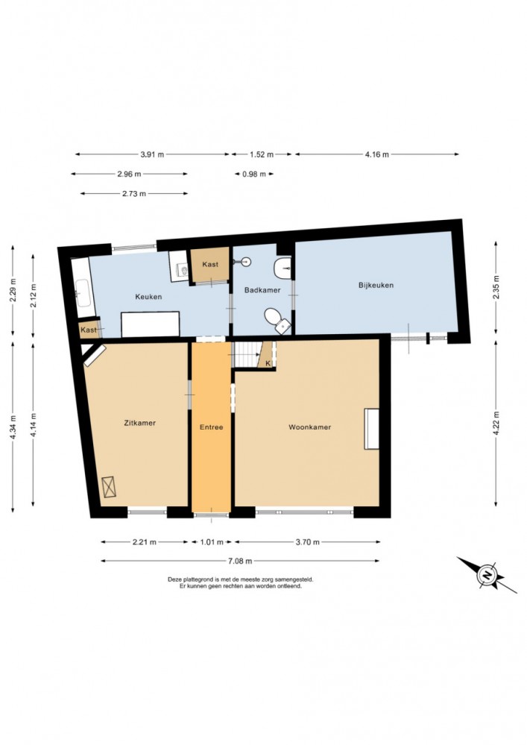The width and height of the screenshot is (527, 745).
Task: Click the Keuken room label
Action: tap(148, 297)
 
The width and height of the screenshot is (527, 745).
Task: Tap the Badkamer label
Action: tap(262, 290)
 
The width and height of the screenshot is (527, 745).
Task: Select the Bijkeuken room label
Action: tap(376, 285)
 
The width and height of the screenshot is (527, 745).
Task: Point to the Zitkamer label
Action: tap(139, 422)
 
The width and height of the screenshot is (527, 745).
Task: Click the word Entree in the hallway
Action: tap(211, 427)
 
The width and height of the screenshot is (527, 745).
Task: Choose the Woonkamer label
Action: tap(309, 427)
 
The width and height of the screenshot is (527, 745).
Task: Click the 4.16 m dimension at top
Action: tap(377, 154)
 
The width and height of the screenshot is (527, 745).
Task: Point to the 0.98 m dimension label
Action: tap(254, 174)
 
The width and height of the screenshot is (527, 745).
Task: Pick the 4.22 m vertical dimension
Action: tap(496, 423)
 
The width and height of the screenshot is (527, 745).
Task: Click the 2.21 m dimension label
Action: tap(144, 541)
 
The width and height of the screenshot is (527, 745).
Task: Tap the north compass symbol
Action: tap(487, 575)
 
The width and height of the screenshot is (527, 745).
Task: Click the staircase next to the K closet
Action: tap(247, 354)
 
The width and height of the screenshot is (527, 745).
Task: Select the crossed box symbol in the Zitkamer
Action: tap(109, 486)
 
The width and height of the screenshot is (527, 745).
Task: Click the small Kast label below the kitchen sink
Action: tap(88, 330)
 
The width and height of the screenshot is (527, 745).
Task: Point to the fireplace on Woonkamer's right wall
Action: tap(372, 429)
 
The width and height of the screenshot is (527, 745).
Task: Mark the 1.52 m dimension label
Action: tap(262, 154)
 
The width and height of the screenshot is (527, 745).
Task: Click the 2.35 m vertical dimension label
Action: tap(496, 287)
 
